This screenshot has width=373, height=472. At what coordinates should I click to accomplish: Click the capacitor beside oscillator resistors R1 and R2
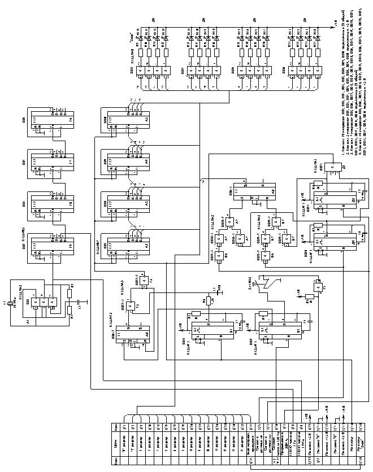click(x=79, y=300)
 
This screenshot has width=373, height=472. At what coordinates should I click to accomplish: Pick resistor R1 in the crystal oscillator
click(x=70, y=309)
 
